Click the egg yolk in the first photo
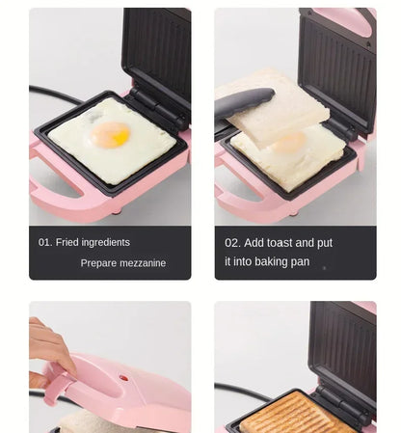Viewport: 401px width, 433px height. (111, 136)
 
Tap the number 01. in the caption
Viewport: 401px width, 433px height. (45, 242)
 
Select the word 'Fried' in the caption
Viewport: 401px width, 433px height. (67, 242)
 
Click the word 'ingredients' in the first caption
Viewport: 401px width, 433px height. (106, 242)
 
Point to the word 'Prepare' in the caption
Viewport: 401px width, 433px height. (98, 263)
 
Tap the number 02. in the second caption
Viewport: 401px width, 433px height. (232, 243)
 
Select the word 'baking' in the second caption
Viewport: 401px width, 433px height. (267, 261)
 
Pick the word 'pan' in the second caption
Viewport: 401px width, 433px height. (299, 261)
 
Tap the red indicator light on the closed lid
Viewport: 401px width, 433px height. (123, 378)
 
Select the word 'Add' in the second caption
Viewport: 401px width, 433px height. (254, 243)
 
